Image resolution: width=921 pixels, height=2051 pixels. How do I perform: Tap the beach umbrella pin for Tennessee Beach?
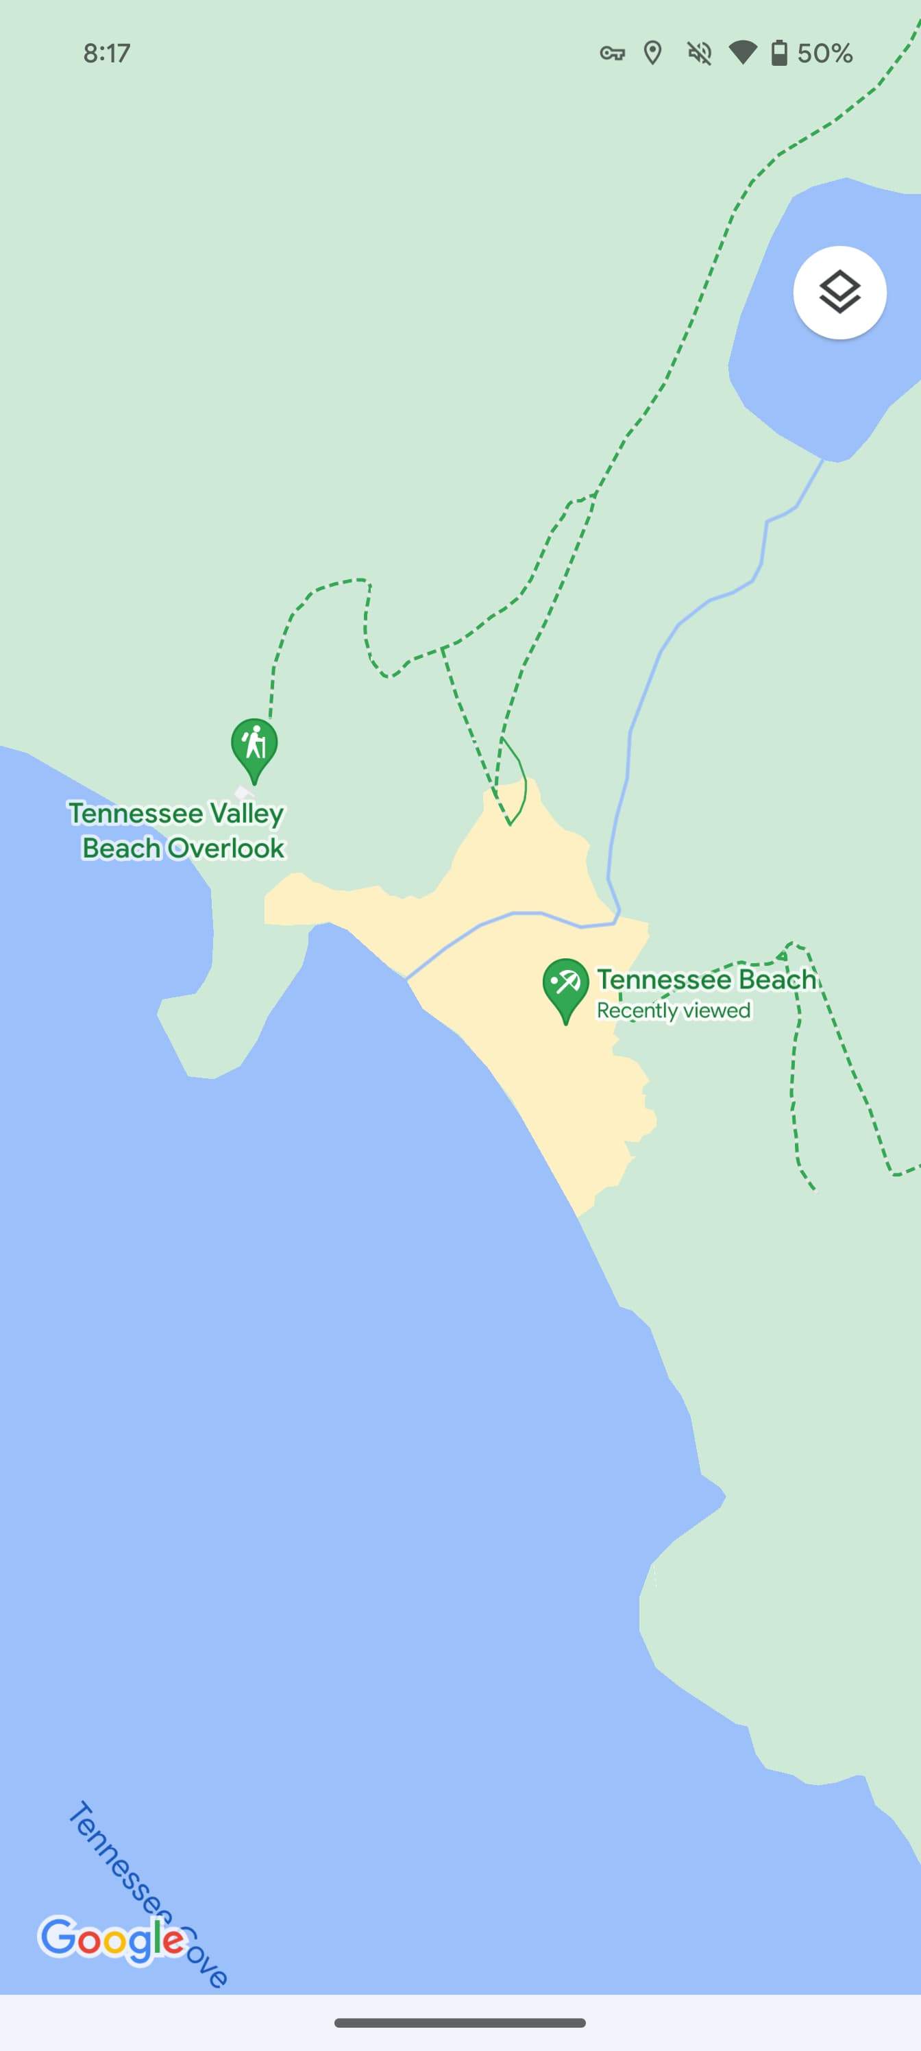tap(565, 986)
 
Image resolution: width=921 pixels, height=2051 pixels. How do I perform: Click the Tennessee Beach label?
tap(706, 980)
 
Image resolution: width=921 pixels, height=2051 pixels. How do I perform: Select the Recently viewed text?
tap(674, 1010)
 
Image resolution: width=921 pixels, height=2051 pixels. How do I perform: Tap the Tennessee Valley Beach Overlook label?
tap(177, 830)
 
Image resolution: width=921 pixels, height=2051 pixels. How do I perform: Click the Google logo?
tap(112, 1938)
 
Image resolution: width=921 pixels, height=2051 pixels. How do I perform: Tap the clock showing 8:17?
tap(107, 53)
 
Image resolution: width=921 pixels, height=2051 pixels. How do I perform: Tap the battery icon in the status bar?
tap(779, 53)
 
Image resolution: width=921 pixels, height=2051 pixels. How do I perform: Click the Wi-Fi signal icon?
tap(742, 53)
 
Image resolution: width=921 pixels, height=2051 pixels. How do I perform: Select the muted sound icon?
tap(699, 53)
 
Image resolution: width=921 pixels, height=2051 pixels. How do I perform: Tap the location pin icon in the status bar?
tap(653, 53)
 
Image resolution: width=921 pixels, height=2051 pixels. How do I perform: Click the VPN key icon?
tap(611, 53)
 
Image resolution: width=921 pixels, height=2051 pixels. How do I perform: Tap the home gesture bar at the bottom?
tap(460, 2022)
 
